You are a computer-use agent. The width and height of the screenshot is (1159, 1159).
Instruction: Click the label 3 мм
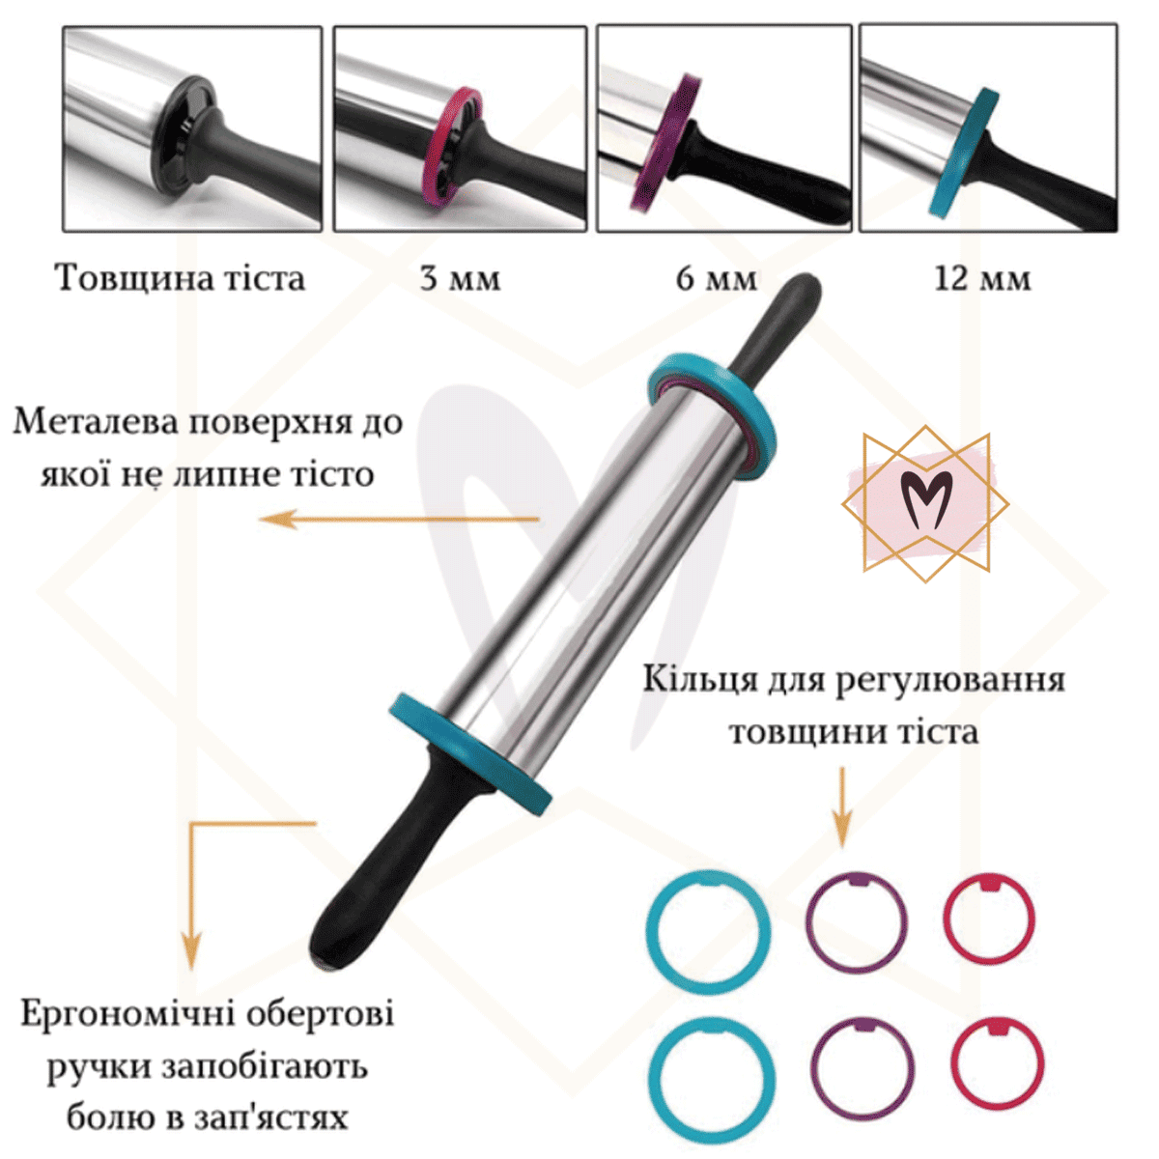[x=460, y=278]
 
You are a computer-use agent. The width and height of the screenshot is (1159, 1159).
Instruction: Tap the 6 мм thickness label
[x=717, y=278]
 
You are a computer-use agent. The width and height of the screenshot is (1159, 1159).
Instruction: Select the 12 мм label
[x=982, y=278]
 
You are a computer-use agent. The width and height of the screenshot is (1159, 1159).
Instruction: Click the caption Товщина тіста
[x=181, y=278]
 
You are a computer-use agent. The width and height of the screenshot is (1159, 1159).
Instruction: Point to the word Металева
[x=97, y=423]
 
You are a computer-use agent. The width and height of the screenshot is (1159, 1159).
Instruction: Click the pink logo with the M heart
[x=925, y=503]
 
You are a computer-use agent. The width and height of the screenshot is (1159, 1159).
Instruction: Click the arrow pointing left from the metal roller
[x=399, y=519]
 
